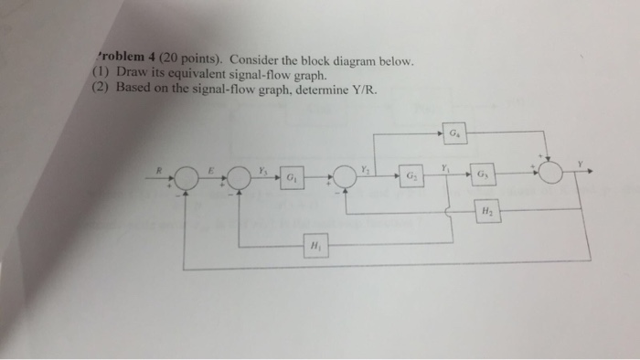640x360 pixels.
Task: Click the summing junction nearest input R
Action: (x=185, y=175)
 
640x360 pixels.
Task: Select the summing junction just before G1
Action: (x=240, y=175)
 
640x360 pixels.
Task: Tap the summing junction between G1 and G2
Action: (x=346, y=175)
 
